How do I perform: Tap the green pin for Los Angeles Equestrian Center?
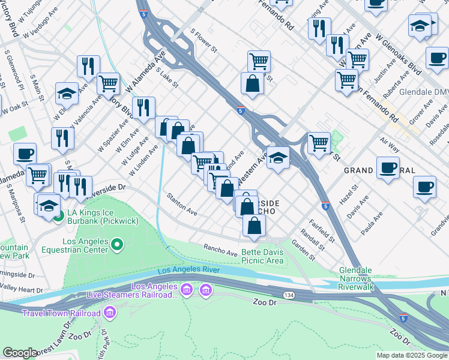point(118,245)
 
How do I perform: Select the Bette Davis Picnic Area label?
point(262,256)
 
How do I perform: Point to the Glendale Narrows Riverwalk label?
point(357,279)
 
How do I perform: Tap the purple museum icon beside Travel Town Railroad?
point(109,313)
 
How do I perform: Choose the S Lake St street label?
point(167,77)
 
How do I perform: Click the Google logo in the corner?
point(20,353)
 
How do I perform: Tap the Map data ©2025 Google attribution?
point(412,355)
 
